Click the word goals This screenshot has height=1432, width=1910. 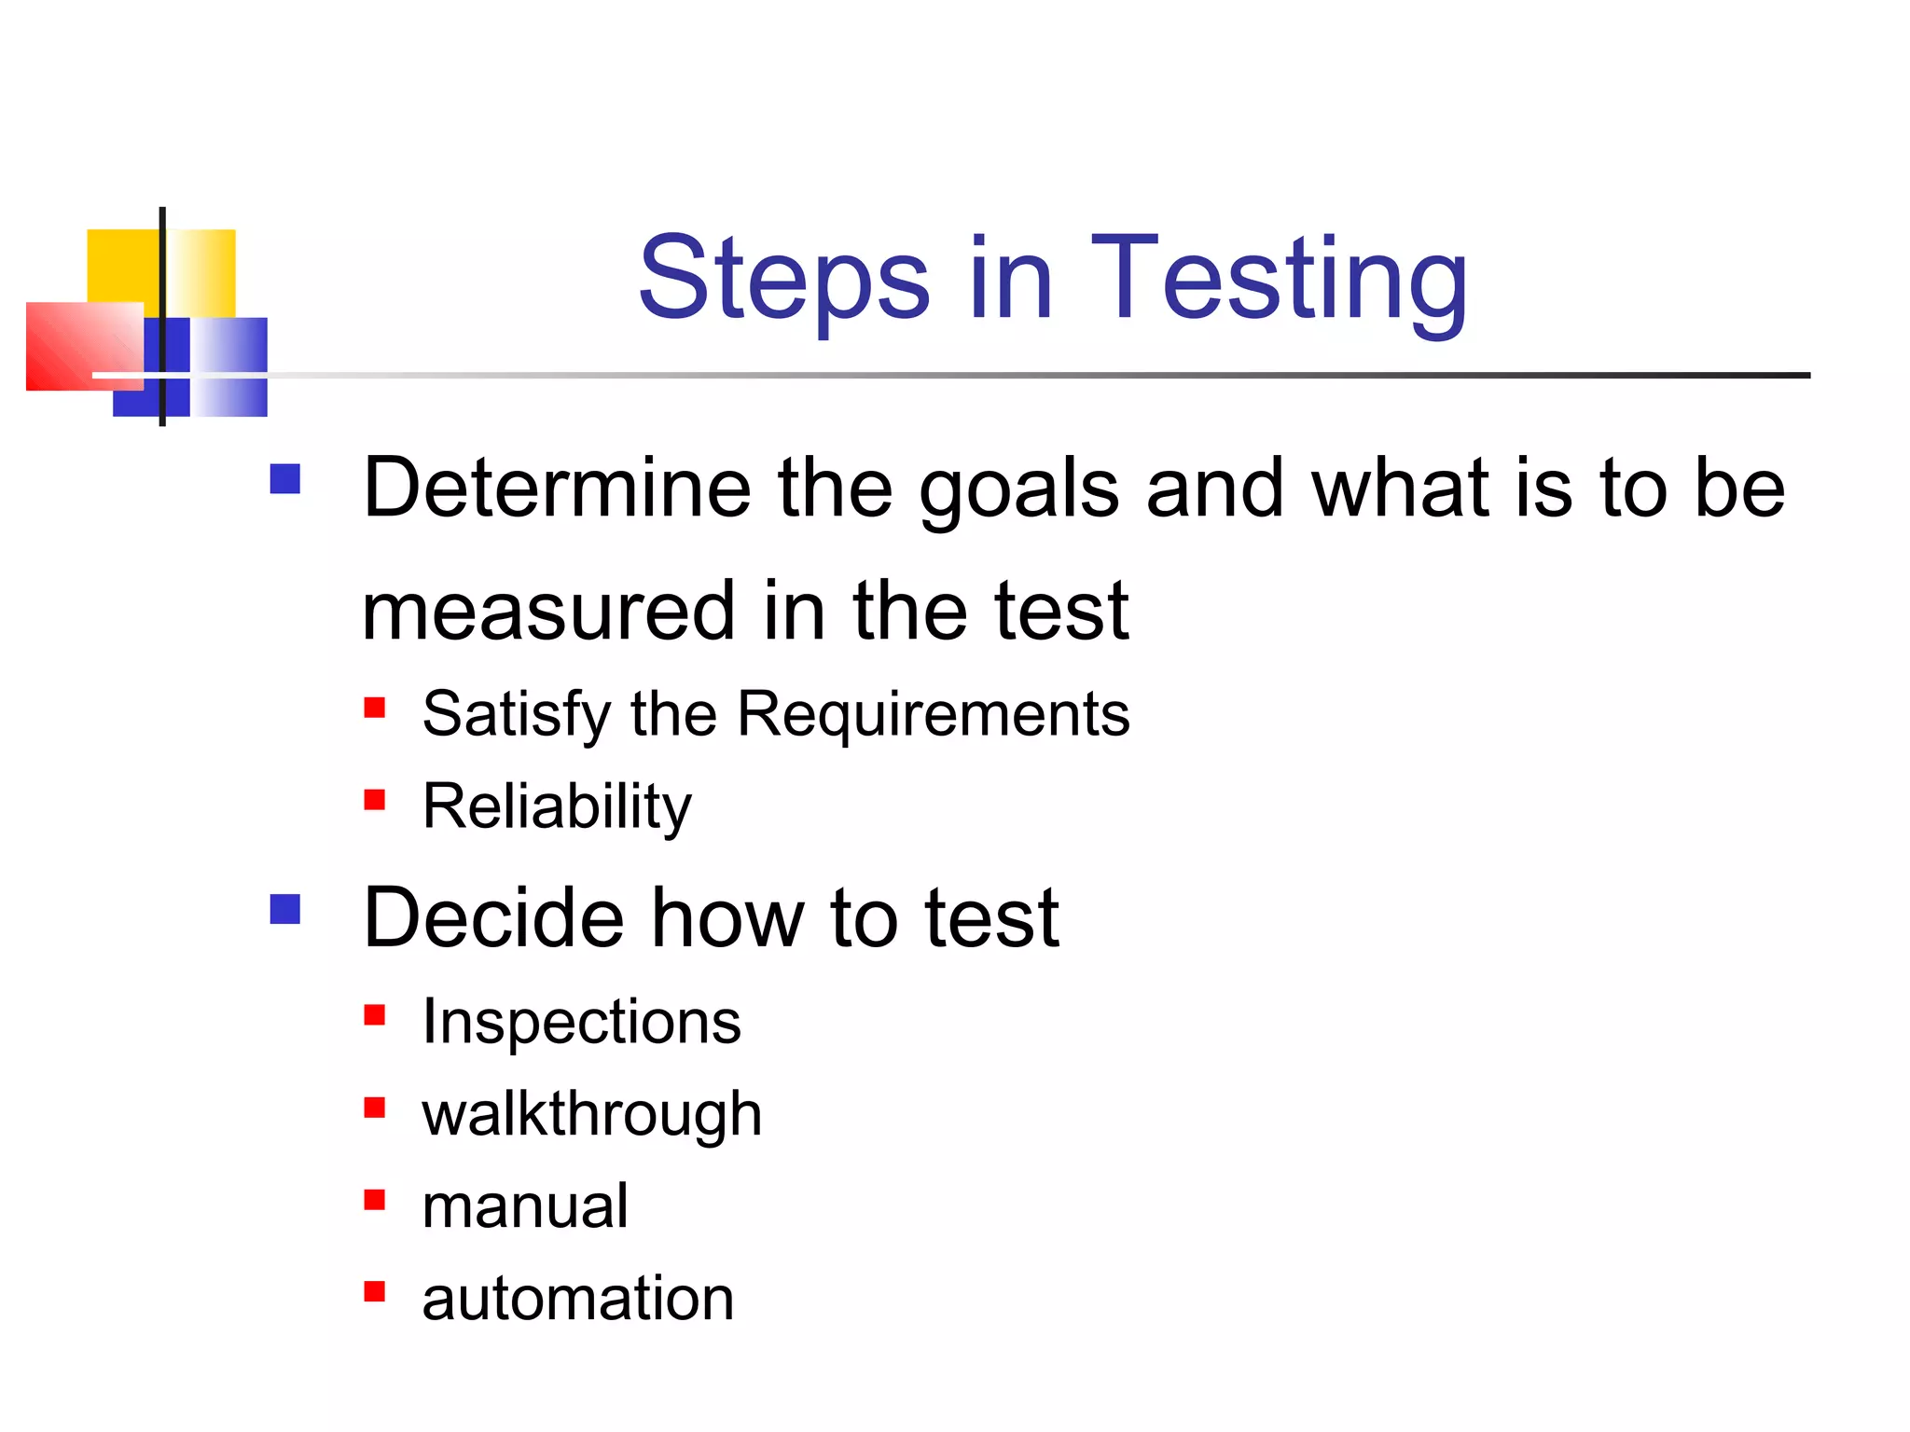click(x=1018, y=489)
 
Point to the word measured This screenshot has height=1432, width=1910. click(x=548, y=612)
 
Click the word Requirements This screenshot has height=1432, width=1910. click(x=934, y=714)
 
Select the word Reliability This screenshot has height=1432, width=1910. click(x=557, y=806)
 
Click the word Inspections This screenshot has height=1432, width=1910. click(x=581, y=1022)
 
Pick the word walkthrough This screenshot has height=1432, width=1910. click(x=591, y=1115)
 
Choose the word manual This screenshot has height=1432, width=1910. click(x=525, y=1206)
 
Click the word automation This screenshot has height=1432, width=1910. click(x=577, y=1299)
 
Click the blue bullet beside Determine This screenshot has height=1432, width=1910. click(x=285, y=479)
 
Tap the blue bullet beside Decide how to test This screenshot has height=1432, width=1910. click(x=285, y=909)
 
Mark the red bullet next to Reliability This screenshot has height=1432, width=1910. click(x=375, y=800)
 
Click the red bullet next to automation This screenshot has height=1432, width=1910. click(x=375, y=1291)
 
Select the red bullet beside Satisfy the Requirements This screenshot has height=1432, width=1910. click(x=375, y=708)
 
